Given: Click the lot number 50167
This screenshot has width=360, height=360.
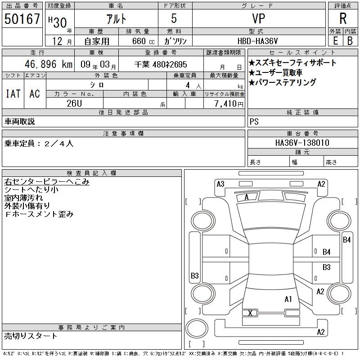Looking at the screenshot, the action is pos(22,19).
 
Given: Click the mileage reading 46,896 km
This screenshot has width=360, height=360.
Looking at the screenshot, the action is pos(45,64).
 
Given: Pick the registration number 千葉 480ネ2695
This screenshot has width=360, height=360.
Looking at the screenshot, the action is pos(161,64).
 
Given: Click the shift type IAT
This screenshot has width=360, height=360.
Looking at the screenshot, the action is pos(13,94).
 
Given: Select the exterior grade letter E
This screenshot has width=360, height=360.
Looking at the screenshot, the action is pos(335,40).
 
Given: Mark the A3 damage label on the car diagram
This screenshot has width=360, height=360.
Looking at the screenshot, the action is pos(220,184).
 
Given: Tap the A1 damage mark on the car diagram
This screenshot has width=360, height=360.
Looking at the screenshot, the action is pos(288,299).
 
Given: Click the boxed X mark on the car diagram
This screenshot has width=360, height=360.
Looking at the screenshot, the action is pos(250,313).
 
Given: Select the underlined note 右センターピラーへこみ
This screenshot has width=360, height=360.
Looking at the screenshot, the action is pos(47,182).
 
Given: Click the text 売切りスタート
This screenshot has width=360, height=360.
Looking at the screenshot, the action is pos(31,336).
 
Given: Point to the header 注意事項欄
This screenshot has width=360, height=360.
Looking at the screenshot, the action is pos(123,134).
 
